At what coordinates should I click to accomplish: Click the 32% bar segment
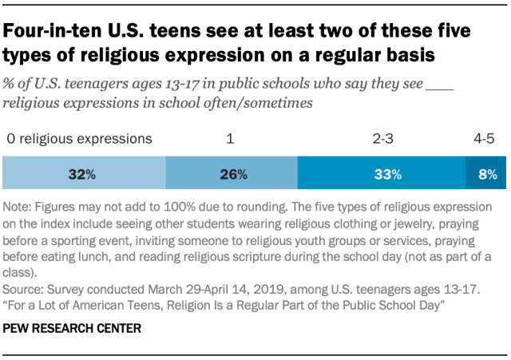(x=84, y=173)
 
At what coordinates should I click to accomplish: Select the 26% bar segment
(x=231, y=173)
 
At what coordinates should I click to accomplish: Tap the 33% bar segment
(x=382, y=173)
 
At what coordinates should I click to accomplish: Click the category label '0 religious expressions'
(x=78, y=139)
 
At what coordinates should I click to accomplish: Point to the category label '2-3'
(x=382, y=139)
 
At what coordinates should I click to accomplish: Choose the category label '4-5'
(x=484, y=139)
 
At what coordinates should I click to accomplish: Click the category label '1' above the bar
(x=230, y=139)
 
